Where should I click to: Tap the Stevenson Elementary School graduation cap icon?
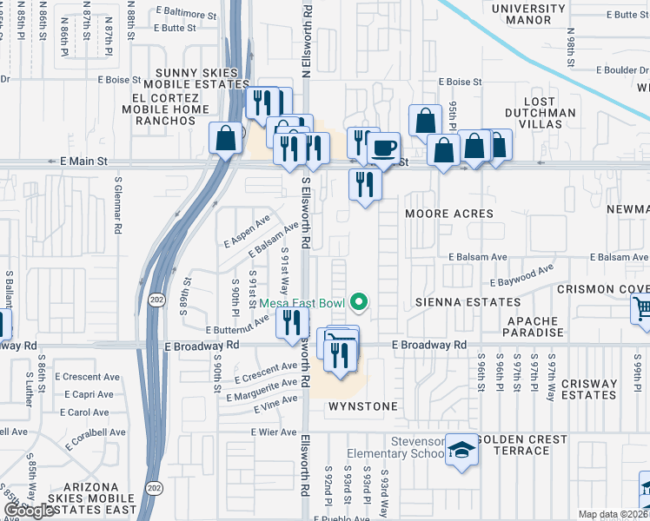click(462, 450)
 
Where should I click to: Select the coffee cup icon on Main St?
click(382, 147)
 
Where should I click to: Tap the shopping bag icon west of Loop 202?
click(226, 138)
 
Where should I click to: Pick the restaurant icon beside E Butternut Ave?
click(291, 323)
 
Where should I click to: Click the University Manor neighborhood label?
click(528, 14)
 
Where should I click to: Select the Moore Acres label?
click(449, 214)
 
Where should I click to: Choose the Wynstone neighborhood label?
click(361, 406)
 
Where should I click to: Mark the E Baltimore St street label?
click(186, 15)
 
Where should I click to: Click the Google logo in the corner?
click(30, 510)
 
